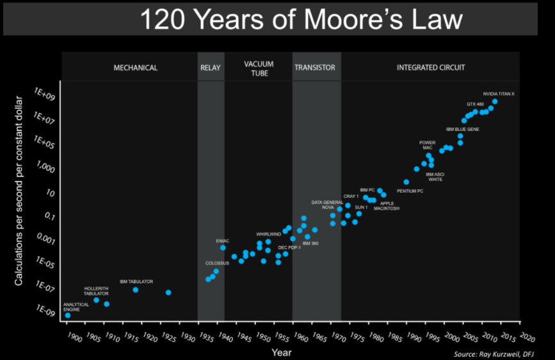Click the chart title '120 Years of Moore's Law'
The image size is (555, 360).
[x=300, y=20]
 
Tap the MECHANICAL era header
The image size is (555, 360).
[x=135, y=68]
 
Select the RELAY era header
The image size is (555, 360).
[x=211, y=68]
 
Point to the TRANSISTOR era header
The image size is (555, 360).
[x=314, y=68]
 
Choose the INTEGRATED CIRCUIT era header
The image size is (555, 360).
[x=431, y=68]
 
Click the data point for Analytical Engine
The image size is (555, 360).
[x=68, y=315]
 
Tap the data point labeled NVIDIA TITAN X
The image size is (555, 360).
[x=495, y=101]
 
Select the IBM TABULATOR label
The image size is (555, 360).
[x=136, y=281]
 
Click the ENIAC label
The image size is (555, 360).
[x=223, y=241]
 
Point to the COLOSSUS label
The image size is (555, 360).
[x=217, y=263]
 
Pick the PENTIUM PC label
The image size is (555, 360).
[x=410, y=191]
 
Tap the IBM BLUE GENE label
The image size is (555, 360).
[x=463, y=129]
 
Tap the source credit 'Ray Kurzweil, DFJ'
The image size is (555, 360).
[x=502, y=354]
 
